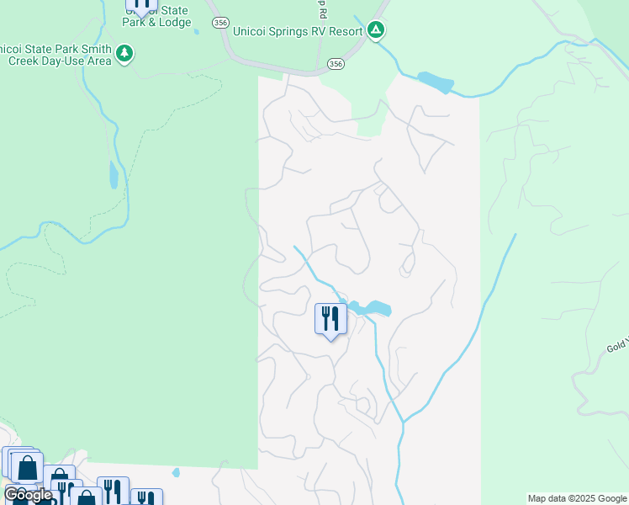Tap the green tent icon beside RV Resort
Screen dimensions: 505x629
(376, 31)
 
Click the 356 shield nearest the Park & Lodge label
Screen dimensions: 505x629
(220, 24)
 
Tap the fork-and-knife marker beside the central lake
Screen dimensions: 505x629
(330, 319)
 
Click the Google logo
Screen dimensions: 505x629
(28, 495)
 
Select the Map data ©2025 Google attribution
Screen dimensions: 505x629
(577, 498)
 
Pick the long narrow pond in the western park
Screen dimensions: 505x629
(113, 174)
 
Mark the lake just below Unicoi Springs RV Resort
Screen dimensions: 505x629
(435, 82)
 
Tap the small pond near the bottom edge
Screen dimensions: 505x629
(175, 472)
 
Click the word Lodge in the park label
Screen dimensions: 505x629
(174, 22)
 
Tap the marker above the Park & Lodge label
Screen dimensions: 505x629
(141, 5)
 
